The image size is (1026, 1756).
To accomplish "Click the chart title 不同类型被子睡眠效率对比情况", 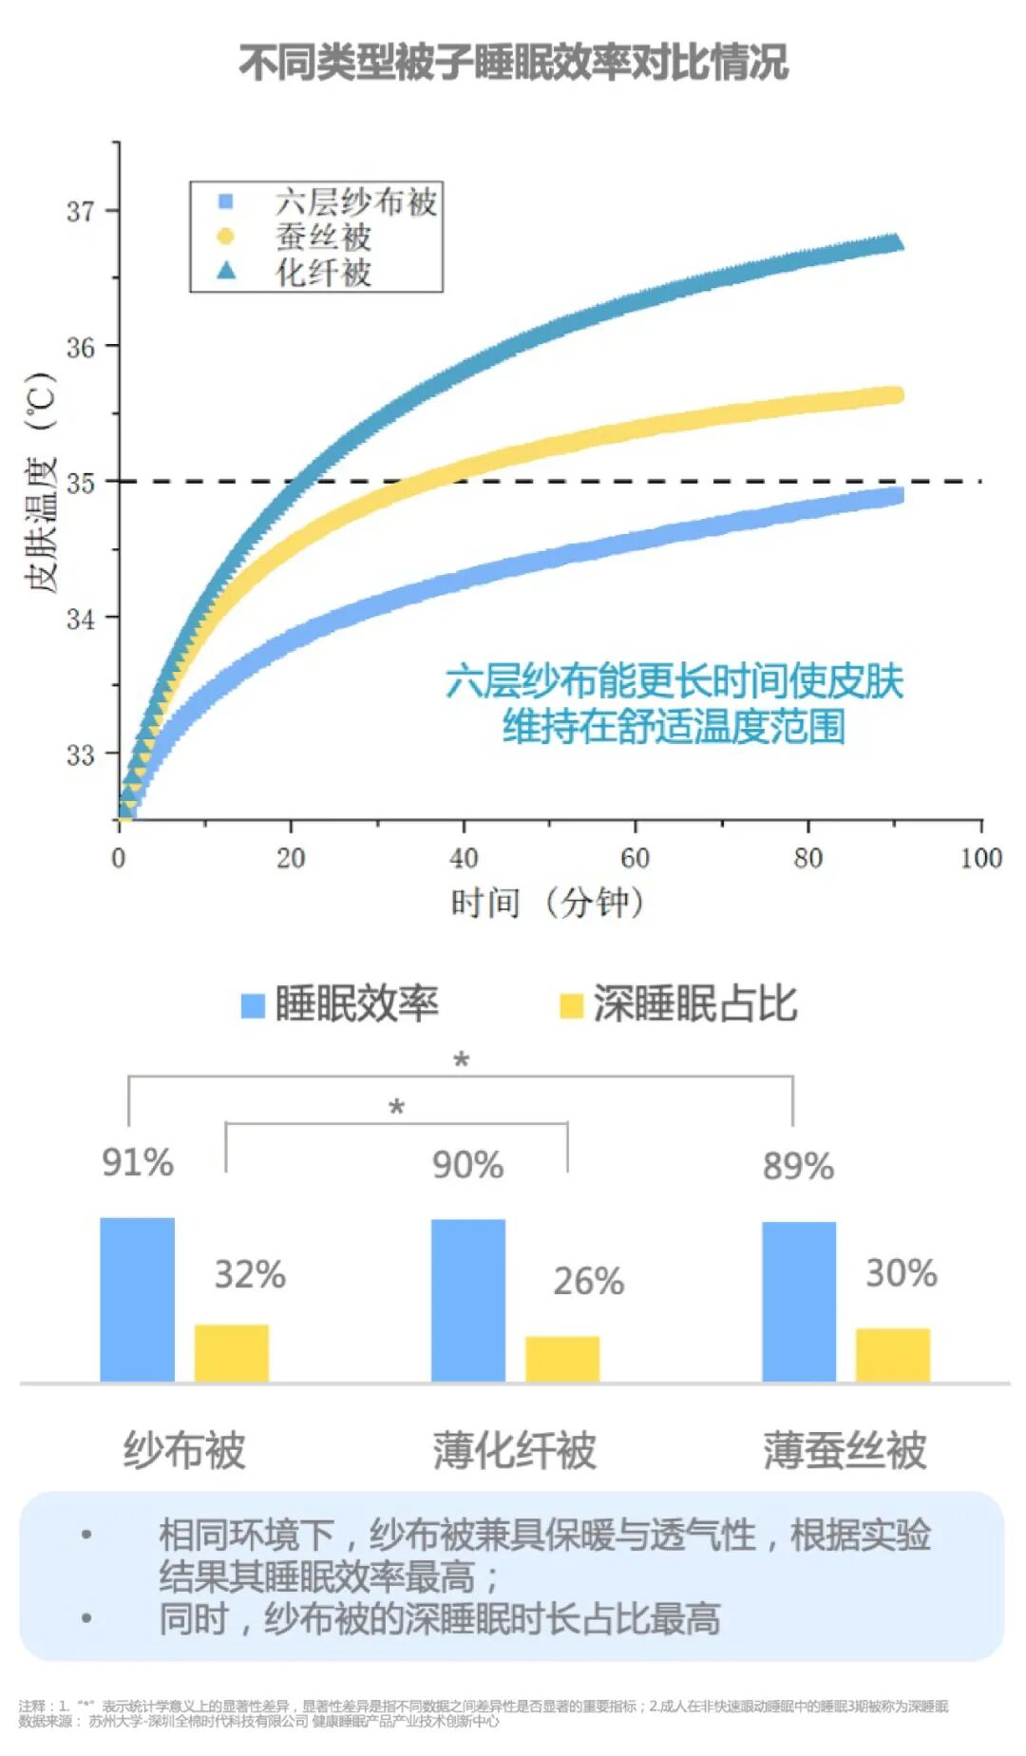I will tap(513, 63).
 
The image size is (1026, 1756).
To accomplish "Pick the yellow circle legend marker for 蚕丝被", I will tap(225, 236).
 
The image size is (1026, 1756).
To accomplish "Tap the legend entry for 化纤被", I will tap(323, 272).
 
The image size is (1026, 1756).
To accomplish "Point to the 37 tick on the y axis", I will tap(81, 210).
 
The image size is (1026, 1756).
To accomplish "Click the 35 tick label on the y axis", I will tap(81, 482).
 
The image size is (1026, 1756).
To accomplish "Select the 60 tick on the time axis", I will tap(635, 858).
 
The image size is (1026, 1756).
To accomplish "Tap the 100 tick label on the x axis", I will tap(980, 858).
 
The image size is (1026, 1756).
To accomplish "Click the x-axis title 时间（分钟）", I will tap(548, 902).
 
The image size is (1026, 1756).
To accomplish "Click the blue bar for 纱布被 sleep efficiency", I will tap(138, 1299).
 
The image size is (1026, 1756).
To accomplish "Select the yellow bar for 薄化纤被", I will tap(562, 1358).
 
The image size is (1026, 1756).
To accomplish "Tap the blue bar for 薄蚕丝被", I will tap(799, 1301).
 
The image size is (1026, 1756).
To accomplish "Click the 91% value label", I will tap(138, 1163).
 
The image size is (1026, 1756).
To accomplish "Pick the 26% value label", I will tap(589, 1281).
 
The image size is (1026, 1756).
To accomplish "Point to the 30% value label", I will tap(901, 1273).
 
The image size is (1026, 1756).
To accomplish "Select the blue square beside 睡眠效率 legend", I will tap(253, 1005).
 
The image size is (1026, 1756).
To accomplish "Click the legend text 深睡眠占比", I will tap(694, 1003).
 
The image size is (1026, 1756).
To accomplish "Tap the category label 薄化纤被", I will tap(514, 1451).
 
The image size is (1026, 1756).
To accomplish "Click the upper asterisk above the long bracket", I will tap(462, 1059).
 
